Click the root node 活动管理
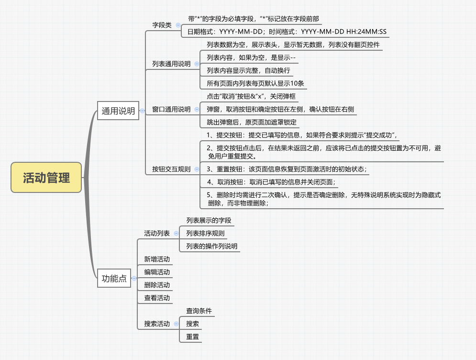pos(46,178)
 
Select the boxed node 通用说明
pos(118,111)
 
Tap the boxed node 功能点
pos(114,278)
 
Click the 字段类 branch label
pos(162,25)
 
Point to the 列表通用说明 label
pos(171,64)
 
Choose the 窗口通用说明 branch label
pos(171,109)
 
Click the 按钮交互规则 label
pos(171,169)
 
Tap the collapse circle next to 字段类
pos(178,25)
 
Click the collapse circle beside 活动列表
pos(176,233)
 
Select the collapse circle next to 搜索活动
pos(176,324)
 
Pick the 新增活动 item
pos(156,259)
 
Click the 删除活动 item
pos(156,285)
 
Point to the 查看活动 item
pos(156,298)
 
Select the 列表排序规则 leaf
pos(205,233)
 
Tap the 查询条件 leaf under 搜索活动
pos(199,311)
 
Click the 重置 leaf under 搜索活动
pos(192,337)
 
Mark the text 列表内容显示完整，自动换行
pos(248,70)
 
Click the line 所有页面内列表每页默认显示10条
pos(255,83)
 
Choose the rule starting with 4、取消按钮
pos(271,182)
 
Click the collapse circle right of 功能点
pos(134,278)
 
